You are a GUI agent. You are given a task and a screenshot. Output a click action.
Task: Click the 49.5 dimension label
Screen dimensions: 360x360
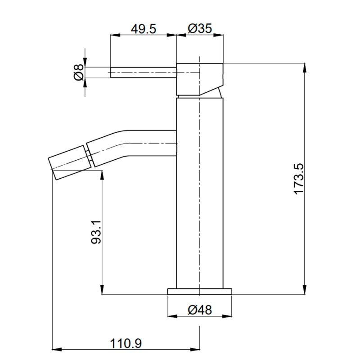pyautogui.click(x=143, y=28)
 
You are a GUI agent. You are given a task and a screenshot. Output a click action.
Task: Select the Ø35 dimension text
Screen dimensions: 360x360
pyautogui.click(x=199, y=28)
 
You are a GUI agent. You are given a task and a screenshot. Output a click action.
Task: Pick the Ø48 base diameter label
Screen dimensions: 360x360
pyautogui.click(x=200, y=310)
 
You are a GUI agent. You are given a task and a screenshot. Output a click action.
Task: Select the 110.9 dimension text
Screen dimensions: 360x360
pyautogui.click(x=126, y=343)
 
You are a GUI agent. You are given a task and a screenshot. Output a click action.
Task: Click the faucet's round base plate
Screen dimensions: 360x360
pyautogui.click(x=200, y=291)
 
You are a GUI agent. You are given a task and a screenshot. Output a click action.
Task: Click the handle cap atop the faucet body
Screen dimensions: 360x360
pyautogui.click(x=199, y=79)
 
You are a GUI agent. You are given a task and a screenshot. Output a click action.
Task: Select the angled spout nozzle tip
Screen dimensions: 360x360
pyautogui.click(x=70, y=162)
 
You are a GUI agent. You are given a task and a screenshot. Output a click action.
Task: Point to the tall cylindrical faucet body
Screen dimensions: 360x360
pyautogui.click(x=199, y=193)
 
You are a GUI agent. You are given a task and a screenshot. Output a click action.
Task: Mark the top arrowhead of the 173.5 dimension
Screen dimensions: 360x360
pyautogui.click(x=306, y=66)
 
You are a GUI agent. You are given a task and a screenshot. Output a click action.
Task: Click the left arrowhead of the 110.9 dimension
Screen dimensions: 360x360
pyautogui.click(x=56, y=349)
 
